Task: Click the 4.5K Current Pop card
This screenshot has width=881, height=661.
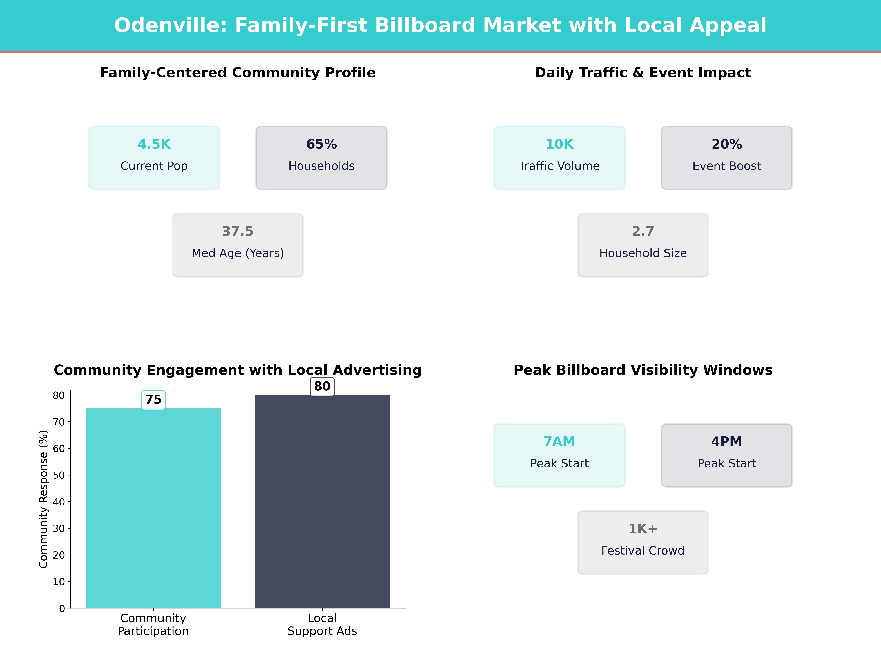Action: [154, 158]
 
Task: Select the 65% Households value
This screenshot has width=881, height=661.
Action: [321, 144]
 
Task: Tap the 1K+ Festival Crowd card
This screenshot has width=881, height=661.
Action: [643, 542]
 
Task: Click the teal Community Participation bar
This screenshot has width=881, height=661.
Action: [153, 508]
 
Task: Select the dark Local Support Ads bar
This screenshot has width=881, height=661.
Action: [322, 501]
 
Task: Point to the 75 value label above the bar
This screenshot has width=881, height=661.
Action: [153, 400]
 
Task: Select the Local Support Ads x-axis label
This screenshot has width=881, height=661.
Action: [322, 625]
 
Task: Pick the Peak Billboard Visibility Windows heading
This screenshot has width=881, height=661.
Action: [643, 370]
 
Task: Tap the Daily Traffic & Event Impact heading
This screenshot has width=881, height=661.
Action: [643, 73]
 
